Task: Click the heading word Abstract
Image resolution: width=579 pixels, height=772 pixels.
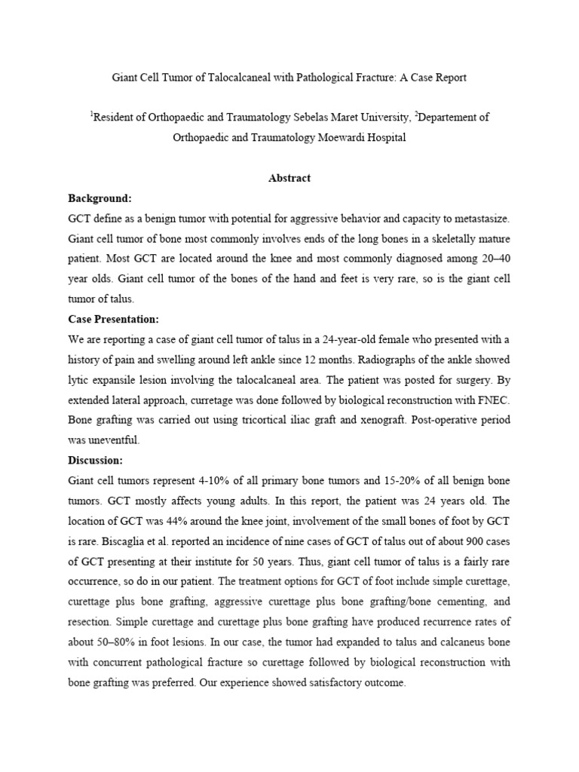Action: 289,179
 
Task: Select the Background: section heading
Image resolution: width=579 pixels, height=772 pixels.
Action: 100,198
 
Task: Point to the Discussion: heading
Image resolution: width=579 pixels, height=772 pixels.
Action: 95,460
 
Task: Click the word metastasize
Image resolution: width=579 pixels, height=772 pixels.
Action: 476,219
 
